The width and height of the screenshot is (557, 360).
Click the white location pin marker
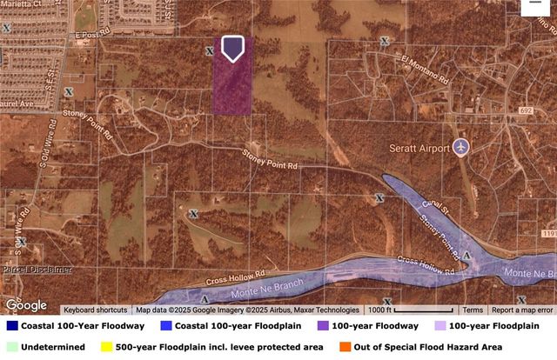232,49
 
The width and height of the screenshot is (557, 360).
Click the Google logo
26,304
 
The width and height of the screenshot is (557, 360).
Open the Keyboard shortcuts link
96,310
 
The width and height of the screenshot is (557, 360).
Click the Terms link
473,310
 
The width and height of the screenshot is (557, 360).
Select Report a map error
522,310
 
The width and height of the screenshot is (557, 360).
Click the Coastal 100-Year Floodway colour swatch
11,326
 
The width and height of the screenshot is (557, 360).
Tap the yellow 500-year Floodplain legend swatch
108,347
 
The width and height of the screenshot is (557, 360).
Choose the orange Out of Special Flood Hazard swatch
346,347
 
